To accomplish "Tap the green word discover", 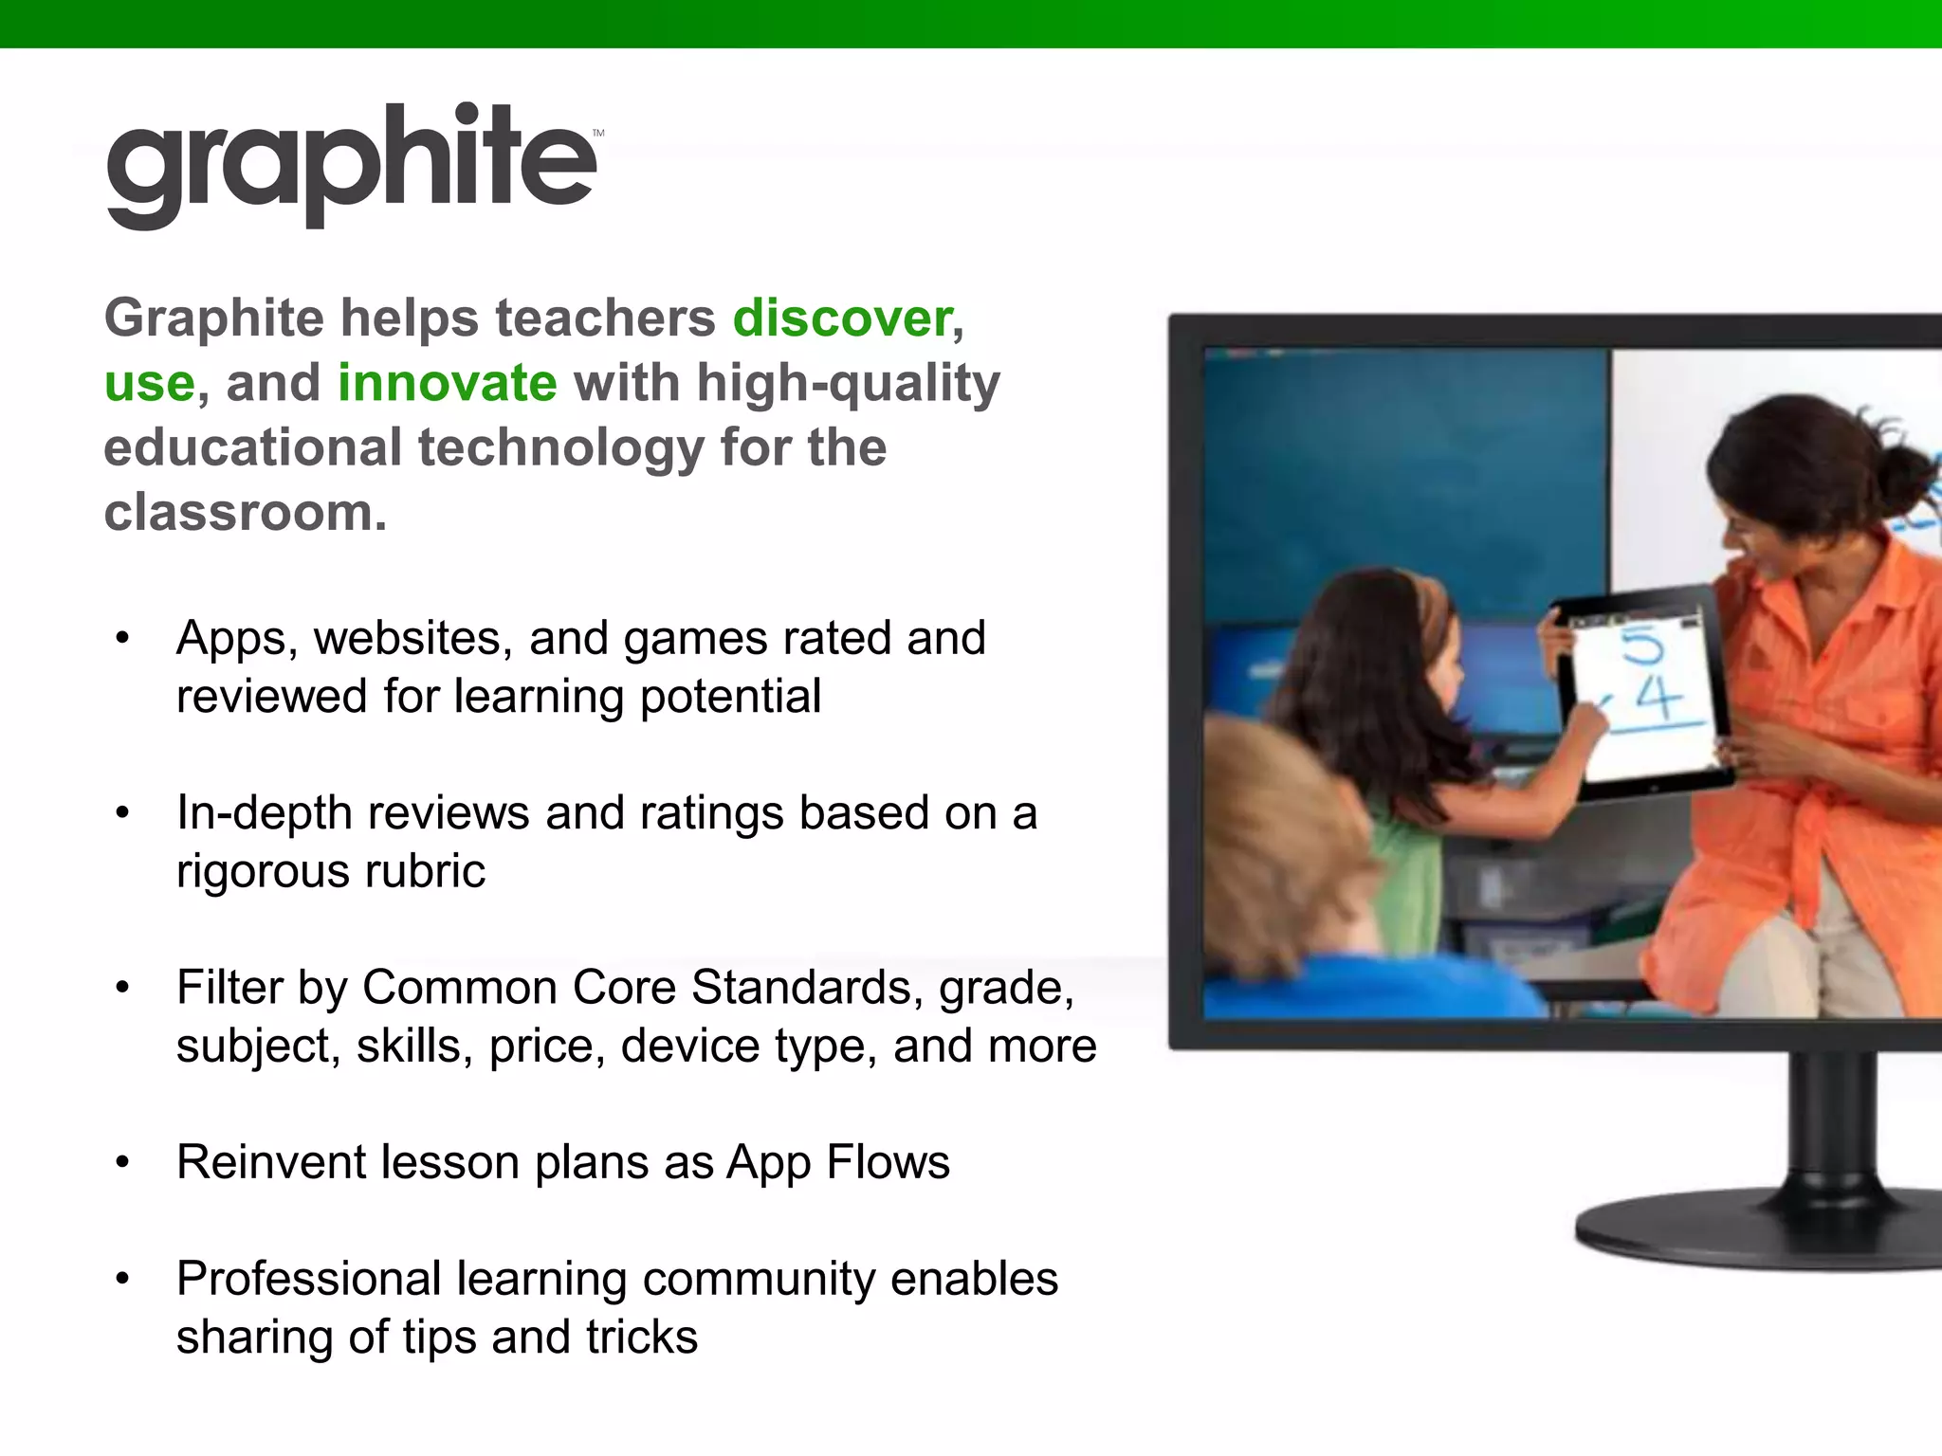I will (x=842, y=318).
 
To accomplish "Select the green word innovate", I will (x=447, y=383).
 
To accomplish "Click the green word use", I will (x=150, y=383).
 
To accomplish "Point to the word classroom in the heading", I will (x=245, y=513).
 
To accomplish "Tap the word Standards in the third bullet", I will (x=800, y=988).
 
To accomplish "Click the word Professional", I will (x=308, y=1280).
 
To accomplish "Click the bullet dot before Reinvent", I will (x=121, y=1163).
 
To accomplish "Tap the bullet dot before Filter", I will (x=121, y=989).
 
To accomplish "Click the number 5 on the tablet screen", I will (x=1641, y=646).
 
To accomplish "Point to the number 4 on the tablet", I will (x=1658, y=700).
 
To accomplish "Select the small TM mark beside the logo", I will (x=598, y=134).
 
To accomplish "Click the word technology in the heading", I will (x=559, y=447).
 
